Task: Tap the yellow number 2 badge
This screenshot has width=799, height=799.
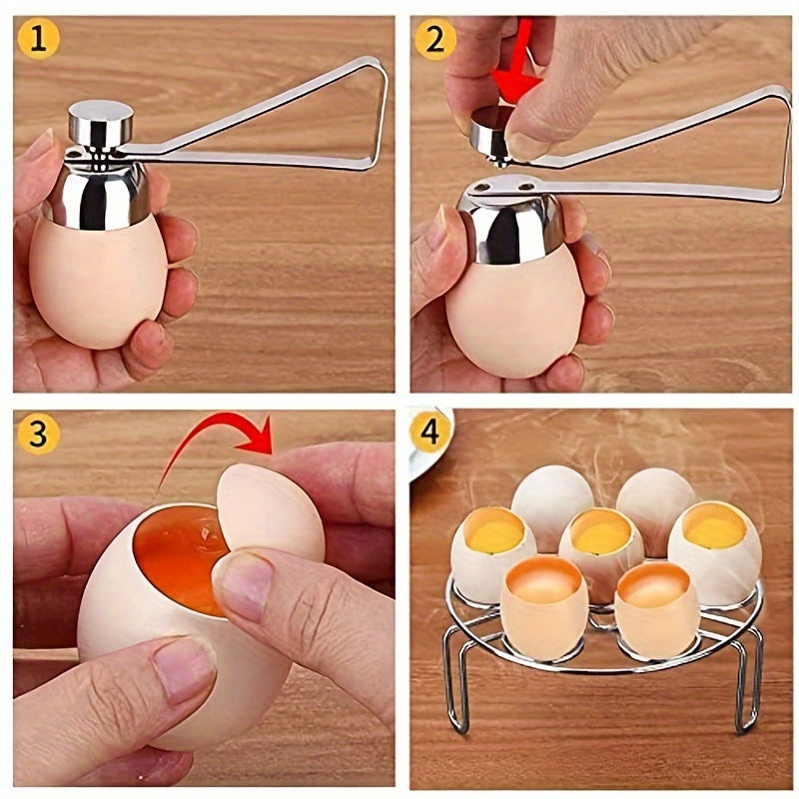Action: pos(436,39)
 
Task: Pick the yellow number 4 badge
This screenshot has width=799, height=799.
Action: pos(431,433)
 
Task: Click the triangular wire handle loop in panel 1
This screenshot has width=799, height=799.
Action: pos(340,110)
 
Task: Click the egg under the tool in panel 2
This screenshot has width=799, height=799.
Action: pos(514,320)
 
